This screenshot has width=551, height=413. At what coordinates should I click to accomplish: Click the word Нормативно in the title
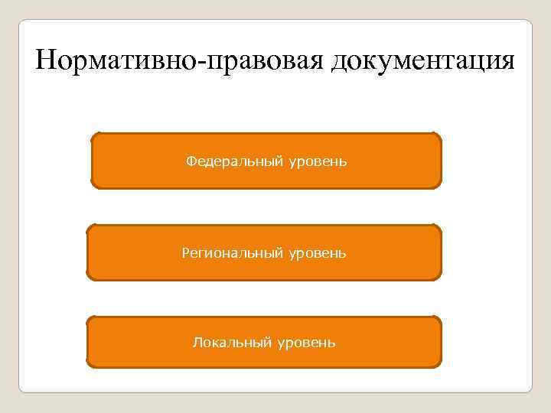click(116, 60)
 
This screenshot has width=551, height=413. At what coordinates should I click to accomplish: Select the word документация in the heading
click(423, 60)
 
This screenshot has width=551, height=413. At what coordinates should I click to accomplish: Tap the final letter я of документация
click(507, 63)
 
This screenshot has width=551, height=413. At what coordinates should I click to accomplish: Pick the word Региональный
click(233, 252)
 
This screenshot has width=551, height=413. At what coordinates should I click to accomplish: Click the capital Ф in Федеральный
click(191, 161)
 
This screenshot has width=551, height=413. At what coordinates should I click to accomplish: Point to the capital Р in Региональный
click(185, 251)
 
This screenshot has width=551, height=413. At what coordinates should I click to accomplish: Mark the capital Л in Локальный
click(196, 342)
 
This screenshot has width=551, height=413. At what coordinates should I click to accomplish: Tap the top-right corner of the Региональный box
click(439, 227)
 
